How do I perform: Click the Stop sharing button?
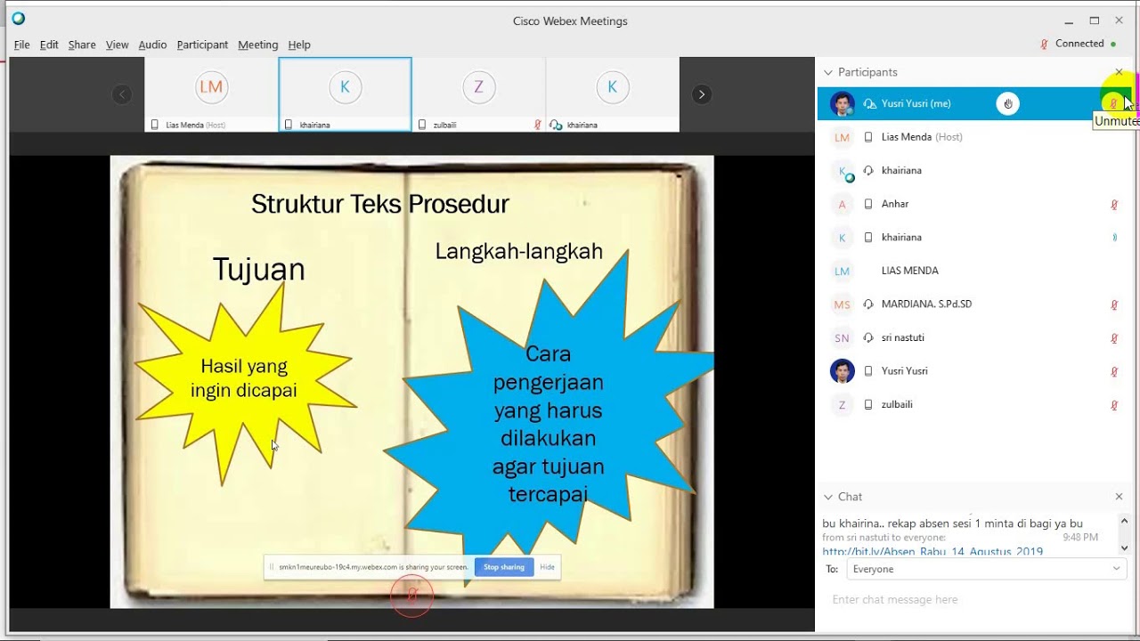(x=503, y=567)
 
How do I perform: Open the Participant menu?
(x=202, y=45)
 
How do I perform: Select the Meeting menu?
(x=257, y=45)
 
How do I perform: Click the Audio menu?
(x=152, y=45)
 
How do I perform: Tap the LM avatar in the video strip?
(x=211, y=87)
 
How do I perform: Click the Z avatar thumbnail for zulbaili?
(x=478, y=87)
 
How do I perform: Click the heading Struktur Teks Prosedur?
(x=379, y=204)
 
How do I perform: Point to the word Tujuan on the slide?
(x=258, y=269)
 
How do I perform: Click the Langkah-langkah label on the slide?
(x=518, y=251)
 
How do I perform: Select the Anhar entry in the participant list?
(x=895, y=204)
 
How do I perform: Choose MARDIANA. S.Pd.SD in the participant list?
(x=926, y=304)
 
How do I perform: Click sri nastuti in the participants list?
(x=902, y=338)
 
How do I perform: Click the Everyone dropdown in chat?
(x=985, y=569)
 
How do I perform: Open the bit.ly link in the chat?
(x=932, y=552)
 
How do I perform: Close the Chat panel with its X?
(x=1120, y=497)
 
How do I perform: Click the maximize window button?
(x=1095, y=20)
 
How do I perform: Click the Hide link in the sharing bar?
(x=547, y=567)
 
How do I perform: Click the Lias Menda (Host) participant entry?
(x=921, y=137)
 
